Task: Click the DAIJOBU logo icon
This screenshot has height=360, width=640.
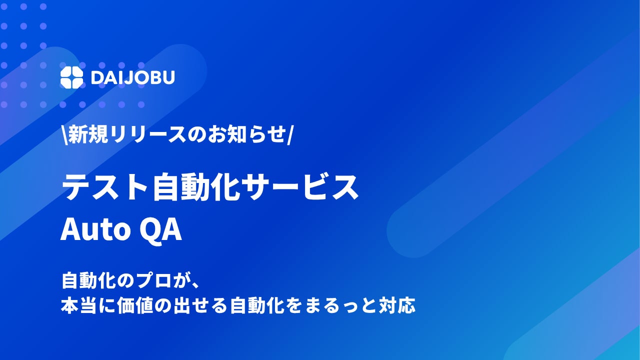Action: pos(71,77)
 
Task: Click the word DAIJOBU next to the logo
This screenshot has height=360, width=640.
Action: pos(133,77)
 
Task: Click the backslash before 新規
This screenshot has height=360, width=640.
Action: pos(64,135)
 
